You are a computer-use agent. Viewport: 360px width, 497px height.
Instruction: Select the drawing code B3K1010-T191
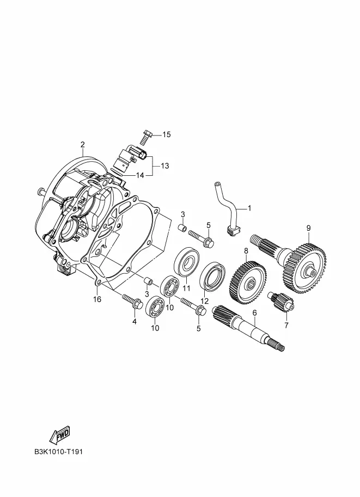click(59, 451)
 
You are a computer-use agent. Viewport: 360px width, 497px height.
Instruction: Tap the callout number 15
click(167, 134)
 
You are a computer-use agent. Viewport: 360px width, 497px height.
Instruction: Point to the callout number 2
click(82, 145)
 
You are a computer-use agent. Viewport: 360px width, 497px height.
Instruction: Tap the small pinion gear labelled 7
click(282, 302)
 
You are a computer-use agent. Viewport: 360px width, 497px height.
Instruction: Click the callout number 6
click(254, 313)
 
